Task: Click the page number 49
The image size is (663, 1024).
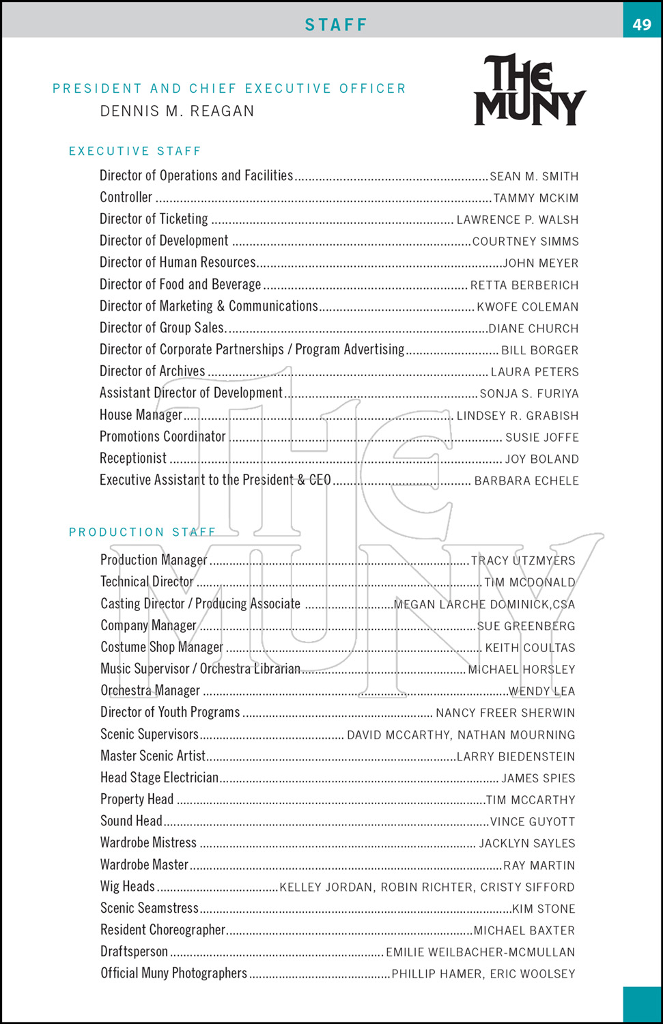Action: tap(642, 25)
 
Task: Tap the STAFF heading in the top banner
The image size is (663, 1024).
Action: tap(336, 25)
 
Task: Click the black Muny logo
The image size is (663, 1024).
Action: tap(530, 90)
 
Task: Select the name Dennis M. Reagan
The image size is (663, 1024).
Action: tap(177, 111)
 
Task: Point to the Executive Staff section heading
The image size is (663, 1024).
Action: tap(135, 151)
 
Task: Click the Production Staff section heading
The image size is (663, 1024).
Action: tap(142, 532)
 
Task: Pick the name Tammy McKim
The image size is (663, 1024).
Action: tap(536, 198)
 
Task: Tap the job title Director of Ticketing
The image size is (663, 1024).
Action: tap(154, 219)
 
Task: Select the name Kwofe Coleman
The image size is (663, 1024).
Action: tap(527, 307)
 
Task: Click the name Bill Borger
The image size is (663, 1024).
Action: tap(539, 350)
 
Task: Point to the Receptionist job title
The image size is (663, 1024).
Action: tap(133, 459)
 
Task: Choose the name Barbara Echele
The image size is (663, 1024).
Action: tap(526, 481)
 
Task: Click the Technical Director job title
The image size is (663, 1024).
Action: tap(147, 582)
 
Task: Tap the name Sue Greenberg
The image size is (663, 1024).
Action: tap(526, 626)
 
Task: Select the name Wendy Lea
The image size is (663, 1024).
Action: tap(541, 691)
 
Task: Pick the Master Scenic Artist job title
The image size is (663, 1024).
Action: tap(153, 756)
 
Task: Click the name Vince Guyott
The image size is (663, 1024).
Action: tap(533, 822)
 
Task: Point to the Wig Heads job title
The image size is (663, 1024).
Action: tap(128, 887)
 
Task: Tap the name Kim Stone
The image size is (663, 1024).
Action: tap(544, 909)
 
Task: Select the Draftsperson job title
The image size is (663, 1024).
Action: tap(134, 952)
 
